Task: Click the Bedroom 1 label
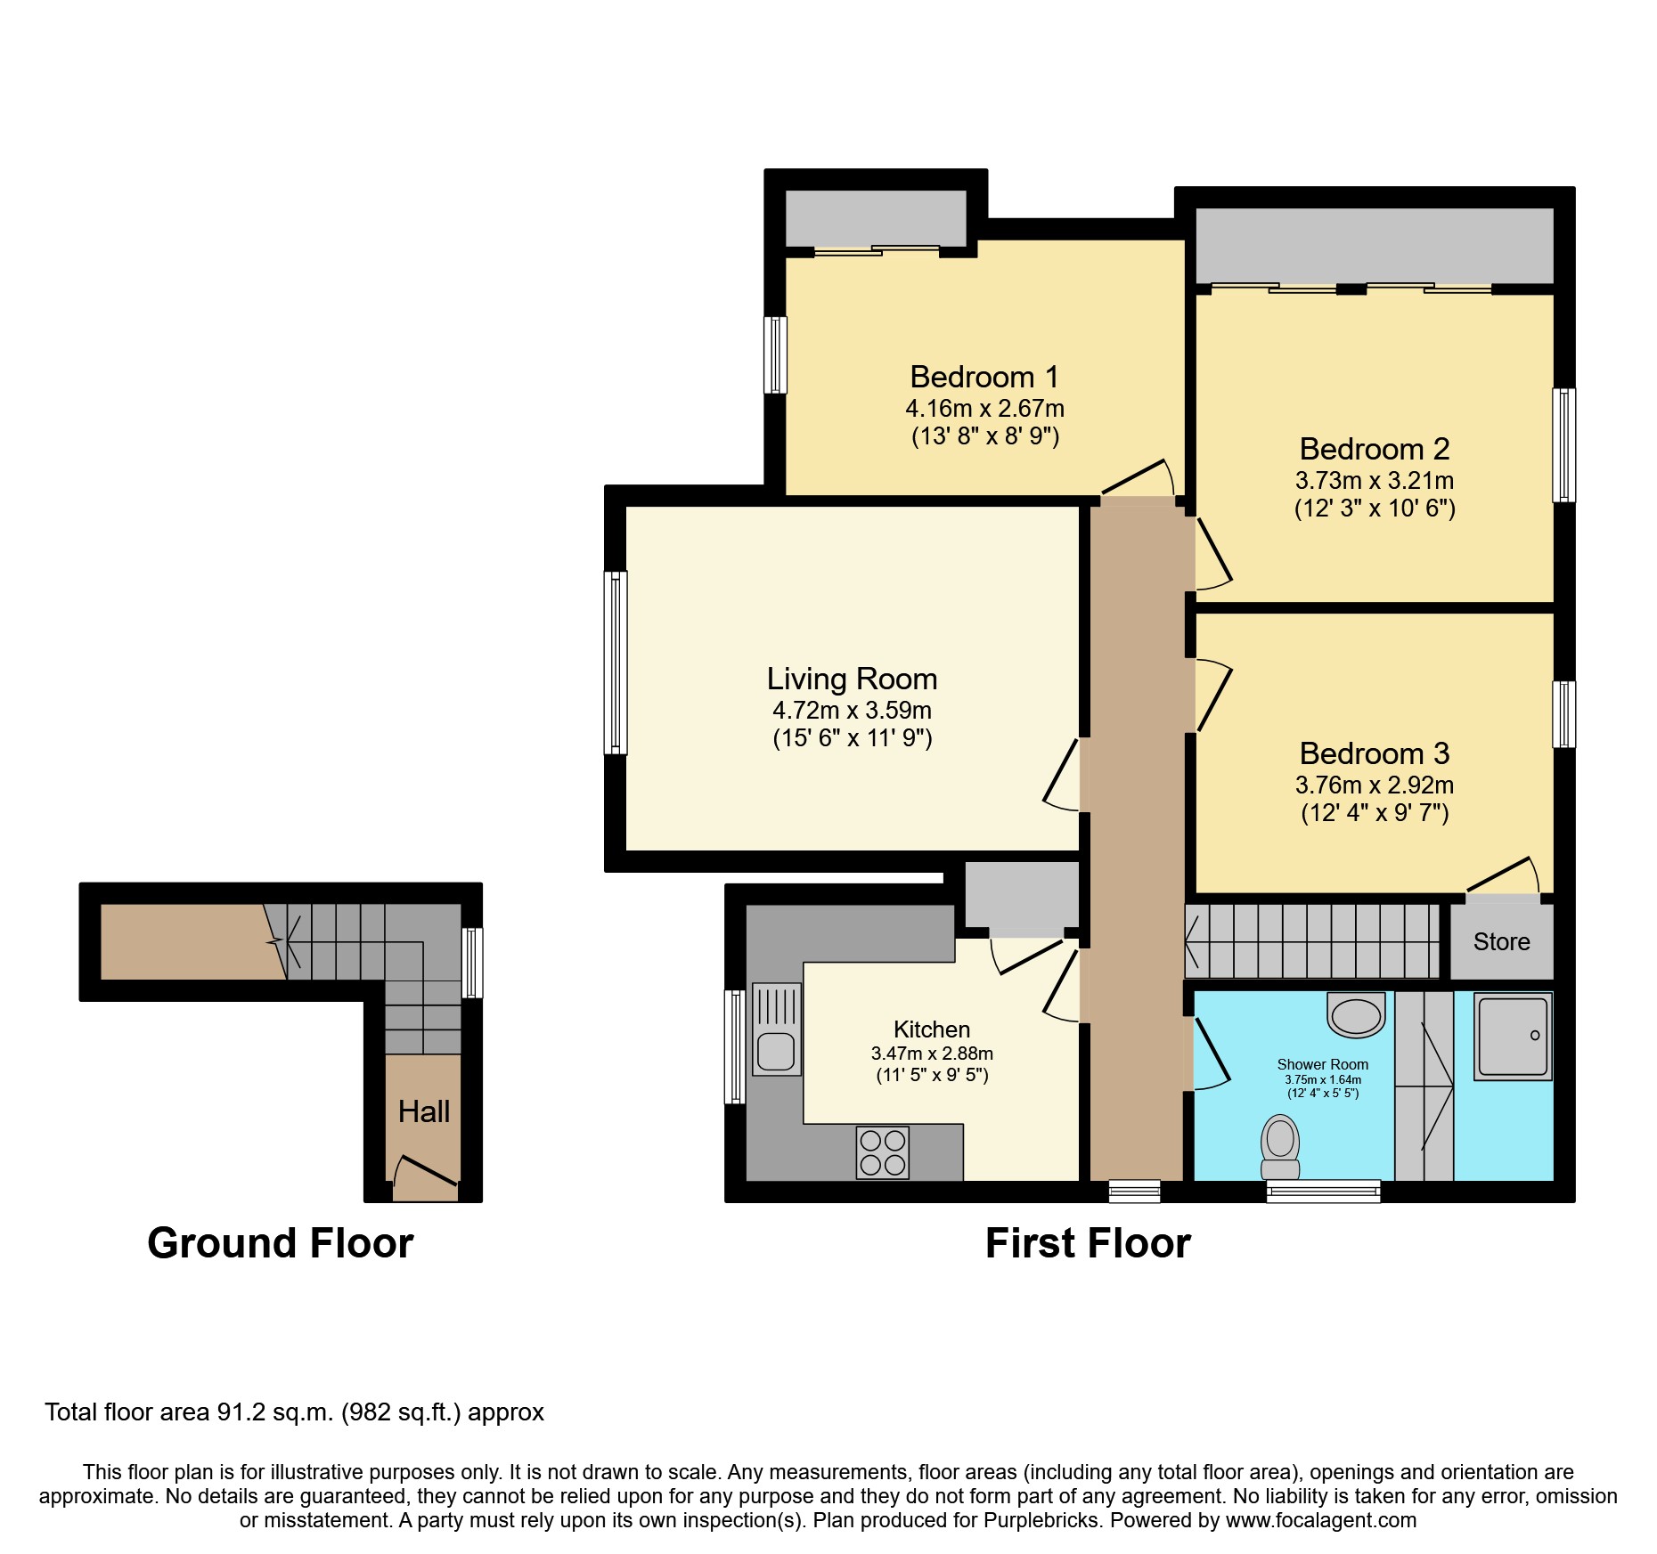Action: (x=984, y=377)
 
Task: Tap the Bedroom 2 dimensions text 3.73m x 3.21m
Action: (x=1374, y=481)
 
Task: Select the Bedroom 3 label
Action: (x=1374, y=753)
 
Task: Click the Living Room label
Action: (x=852, y=679)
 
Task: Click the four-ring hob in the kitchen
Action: (x=882, y=1152)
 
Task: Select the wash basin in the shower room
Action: (x=1356, y=1016)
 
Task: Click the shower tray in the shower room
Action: (x=1513, y=1036)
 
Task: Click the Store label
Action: (x=1501, y=941)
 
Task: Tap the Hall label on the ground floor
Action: (x=423, y=1111)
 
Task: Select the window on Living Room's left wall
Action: (x=616, y=663)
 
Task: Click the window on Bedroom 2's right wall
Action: (x=1563, y=444)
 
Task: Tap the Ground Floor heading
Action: (x=280, y=1243)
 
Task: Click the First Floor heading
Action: (x=1087, y=1243)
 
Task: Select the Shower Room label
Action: (x=1322, y=1064)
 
